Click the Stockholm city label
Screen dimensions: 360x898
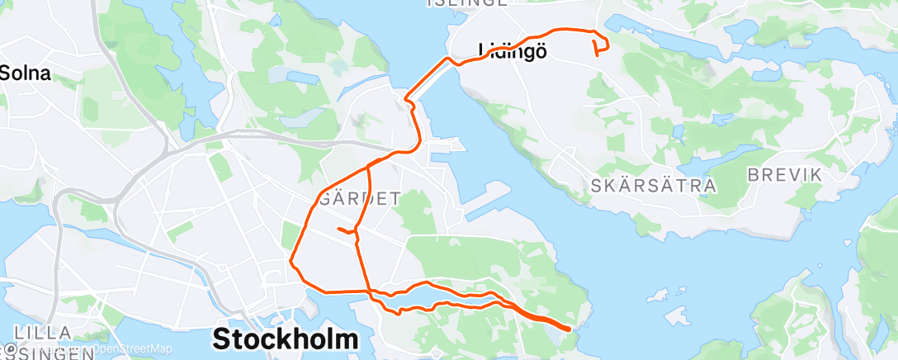[x=286, y=339]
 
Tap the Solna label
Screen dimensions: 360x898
[x=26, y=73]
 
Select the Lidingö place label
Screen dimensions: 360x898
[x=513, y=51]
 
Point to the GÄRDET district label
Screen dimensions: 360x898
[x=359, y=198]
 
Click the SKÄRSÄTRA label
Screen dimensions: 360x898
[x=654, y=186]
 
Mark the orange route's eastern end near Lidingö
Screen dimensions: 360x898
[x=595, y=55]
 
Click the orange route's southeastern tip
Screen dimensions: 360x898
[x=570, y=329]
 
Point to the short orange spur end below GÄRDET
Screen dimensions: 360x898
[x=338, y=228]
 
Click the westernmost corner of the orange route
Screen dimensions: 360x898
[x=291, y=263]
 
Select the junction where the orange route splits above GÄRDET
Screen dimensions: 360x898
[x=367, y=168]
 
